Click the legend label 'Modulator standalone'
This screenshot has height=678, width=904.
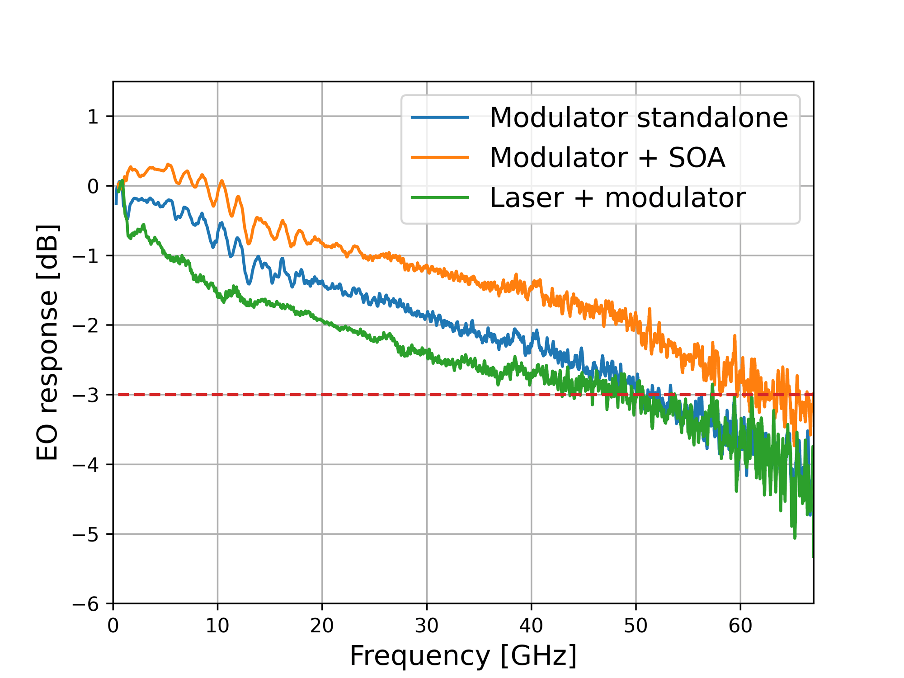tap(639, 118)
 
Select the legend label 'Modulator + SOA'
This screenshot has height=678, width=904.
tap(607, 157)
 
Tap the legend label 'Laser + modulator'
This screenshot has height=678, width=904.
tap(617, 198)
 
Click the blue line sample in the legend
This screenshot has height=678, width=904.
tap(439, 118)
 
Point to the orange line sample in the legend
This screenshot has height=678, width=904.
tap(439, 157)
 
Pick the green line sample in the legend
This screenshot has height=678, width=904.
tap(439, 198)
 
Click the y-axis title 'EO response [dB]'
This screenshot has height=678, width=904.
tap(47, 342)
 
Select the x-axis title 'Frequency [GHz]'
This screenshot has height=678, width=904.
tap(463, 655)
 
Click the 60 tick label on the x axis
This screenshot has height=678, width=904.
tap(740, 626)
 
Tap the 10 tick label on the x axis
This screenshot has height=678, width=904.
tap(217, 626)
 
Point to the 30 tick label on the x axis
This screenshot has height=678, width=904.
tap(427, 626)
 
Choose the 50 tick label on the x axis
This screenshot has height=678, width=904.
tap(636, 626)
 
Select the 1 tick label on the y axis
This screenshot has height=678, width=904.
tap(93, 117)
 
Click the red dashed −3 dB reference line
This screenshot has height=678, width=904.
tap(316, 395)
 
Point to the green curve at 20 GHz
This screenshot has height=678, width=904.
tap(322, 320)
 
